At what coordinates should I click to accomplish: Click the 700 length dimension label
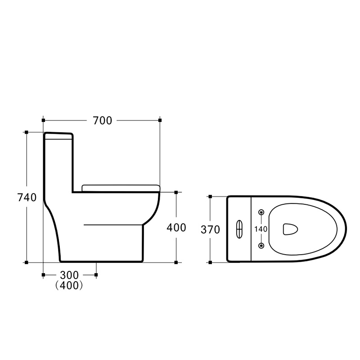[x=103, y=121]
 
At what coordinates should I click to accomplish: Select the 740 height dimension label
[x=27, y=198]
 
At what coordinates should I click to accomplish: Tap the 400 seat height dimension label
[x=176, y=228]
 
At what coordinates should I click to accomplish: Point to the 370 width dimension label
[x=210, y=229]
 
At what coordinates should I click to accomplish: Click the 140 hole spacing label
[x=261, y=229]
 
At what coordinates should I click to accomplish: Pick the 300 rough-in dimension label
[x=69, y=275]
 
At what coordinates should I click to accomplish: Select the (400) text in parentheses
[x=69, y=285]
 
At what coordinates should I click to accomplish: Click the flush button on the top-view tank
[x=239, y=229]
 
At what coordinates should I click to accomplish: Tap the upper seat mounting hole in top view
[x=261, y=212]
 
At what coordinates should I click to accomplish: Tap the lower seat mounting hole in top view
[x=261, y=246]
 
